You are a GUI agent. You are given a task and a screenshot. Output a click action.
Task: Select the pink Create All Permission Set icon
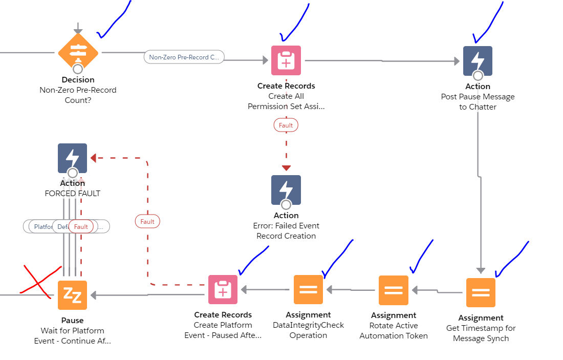(x=286, y=60)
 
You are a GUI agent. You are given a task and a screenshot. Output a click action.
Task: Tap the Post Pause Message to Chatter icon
(x=478, y=60)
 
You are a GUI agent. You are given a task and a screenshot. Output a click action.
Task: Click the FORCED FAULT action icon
(x=73, y=158)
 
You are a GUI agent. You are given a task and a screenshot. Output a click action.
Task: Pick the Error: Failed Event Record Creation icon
(x=286, y=190)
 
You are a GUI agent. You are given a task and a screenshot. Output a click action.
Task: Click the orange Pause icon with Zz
(x=72, y=295)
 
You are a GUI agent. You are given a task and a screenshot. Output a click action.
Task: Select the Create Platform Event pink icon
(x=223, y=290)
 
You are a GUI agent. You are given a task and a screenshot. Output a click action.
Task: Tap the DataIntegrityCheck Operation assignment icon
(x=308, y=290)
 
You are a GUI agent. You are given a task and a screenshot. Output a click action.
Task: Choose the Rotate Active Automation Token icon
(x=394, y=290)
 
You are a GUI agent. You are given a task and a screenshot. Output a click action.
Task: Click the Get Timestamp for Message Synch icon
(x=481, y=292)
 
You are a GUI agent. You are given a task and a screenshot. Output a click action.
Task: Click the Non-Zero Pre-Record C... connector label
(x=184, y=57)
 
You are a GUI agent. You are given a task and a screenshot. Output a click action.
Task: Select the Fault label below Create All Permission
(x=286, y=125)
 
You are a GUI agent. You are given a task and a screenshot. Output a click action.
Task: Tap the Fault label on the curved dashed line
(x=147, y=221)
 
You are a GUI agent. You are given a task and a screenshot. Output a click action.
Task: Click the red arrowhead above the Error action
(x=286, y=168)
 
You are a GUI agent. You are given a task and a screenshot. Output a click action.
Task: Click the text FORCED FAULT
(x=73, y=194)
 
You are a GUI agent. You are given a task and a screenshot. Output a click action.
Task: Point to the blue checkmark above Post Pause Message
(x=487, y=23)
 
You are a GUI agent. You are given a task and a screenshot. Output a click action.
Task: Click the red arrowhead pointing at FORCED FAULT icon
(x=93, y=158)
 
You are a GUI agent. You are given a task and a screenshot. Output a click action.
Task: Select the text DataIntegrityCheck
(x=308, y=325)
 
